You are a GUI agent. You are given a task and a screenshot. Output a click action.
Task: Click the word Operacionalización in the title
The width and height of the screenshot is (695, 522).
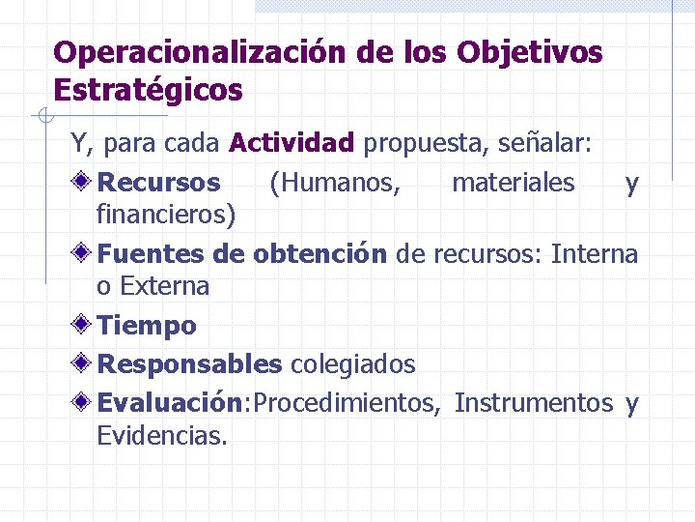click(199, 52)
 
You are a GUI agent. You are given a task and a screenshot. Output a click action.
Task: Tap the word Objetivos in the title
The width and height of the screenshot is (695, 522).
click(529, 52)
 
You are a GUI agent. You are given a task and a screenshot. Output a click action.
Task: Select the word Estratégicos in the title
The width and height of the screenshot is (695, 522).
click(149, 90)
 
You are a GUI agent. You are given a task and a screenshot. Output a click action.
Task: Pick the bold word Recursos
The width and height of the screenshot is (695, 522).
click(159, 183)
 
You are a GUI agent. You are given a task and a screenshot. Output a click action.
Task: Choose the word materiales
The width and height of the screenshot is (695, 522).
click(513, 183)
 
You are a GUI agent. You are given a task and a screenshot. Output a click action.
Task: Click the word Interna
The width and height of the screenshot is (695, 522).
click(595, 254)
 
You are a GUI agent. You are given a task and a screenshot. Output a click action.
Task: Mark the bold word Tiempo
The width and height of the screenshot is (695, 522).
click(147, 326)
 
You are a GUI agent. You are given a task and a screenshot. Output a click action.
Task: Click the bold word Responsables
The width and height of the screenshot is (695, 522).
click(190, 364)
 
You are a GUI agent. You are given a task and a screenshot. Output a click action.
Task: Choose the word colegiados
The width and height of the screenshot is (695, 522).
click(353, 364)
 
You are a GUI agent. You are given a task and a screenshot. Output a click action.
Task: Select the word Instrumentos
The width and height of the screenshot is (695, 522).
click(533, 403)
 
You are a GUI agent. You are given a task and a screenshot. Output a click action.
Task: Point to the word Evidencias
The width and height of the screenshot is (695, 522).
click(162, 435)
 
